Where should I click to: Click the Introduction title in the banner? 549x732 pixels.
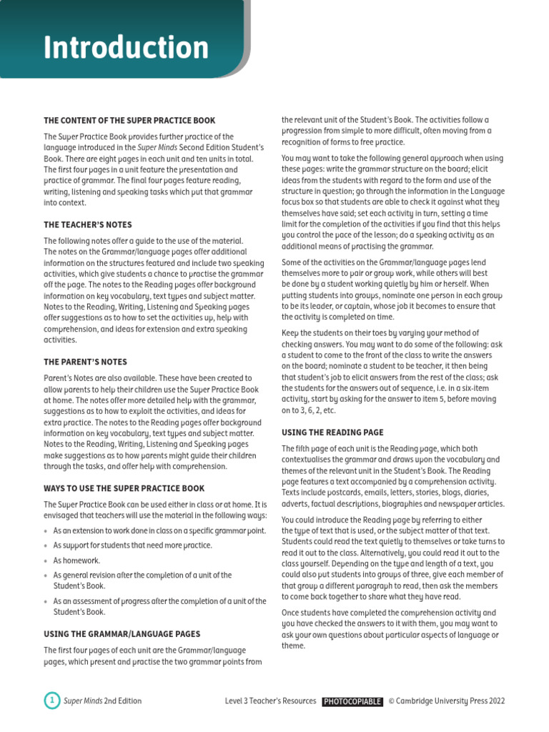[126, 48]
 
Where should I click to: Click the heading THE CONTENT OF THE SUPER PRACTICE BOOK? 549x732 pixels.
[129, 121]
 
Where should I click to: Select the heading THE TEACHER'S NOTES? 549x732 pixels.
[88, 225]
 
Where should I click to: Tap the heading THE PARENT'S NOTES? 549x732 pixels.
[85, 362]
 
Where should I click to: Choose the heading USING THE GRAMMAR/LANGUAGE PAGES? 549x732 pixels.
[122, 634]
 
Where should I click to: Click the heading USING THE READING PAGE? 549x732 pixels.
[332, 432]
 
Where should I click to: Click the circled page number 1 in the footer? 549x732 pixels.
[51, 701]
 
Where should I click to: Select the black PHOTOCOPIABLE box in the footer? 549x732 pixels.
[352, 701]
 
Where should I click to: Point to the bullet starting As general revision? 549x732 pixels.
[142, 580]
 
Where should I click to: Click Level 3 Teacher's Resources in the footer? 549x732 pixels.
[270, 701]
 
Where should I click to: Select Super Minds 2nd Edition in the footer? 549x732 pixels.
[103, 701]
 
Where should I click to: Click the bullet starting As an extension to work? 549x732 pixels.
[159, 530]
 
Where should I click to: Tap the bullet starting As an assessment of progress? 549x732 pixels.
[159, 606]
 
